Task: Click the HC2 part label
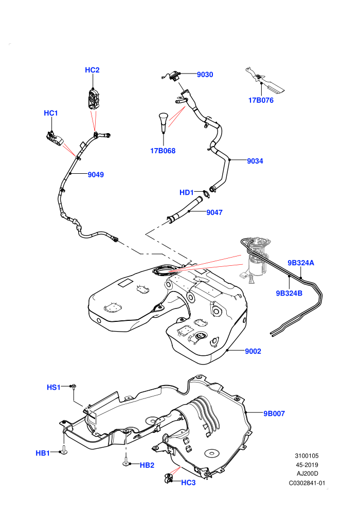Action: [92, 70]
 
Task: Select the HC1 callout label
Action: [50, 113]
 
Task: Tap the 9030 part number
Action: [205, 75]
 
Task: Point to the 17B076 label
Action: [261, 100]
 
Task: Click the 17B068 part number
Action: [163, 151]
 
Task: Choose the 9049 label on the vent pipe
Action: [96, 175]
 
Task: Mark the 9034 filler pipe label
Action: [255, 161]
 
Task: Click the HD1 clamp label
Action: [187, 192]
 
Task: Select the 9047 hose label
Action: [214, 212]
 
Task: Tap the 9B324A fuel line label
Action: [301, 263]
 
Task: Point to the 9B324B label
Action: [289, 293]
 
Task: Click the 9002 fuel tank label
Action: [253, 351]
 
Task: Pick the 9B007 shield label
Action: [274, 413]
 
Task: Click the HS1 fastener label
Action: [53, 387]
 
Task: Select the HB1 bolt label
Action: [43, 453]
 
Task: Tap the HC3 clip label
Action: [188, 483]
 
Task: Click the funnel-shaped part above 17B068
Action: [163, 122]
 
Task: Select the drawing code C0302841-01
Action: [307, 483]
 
